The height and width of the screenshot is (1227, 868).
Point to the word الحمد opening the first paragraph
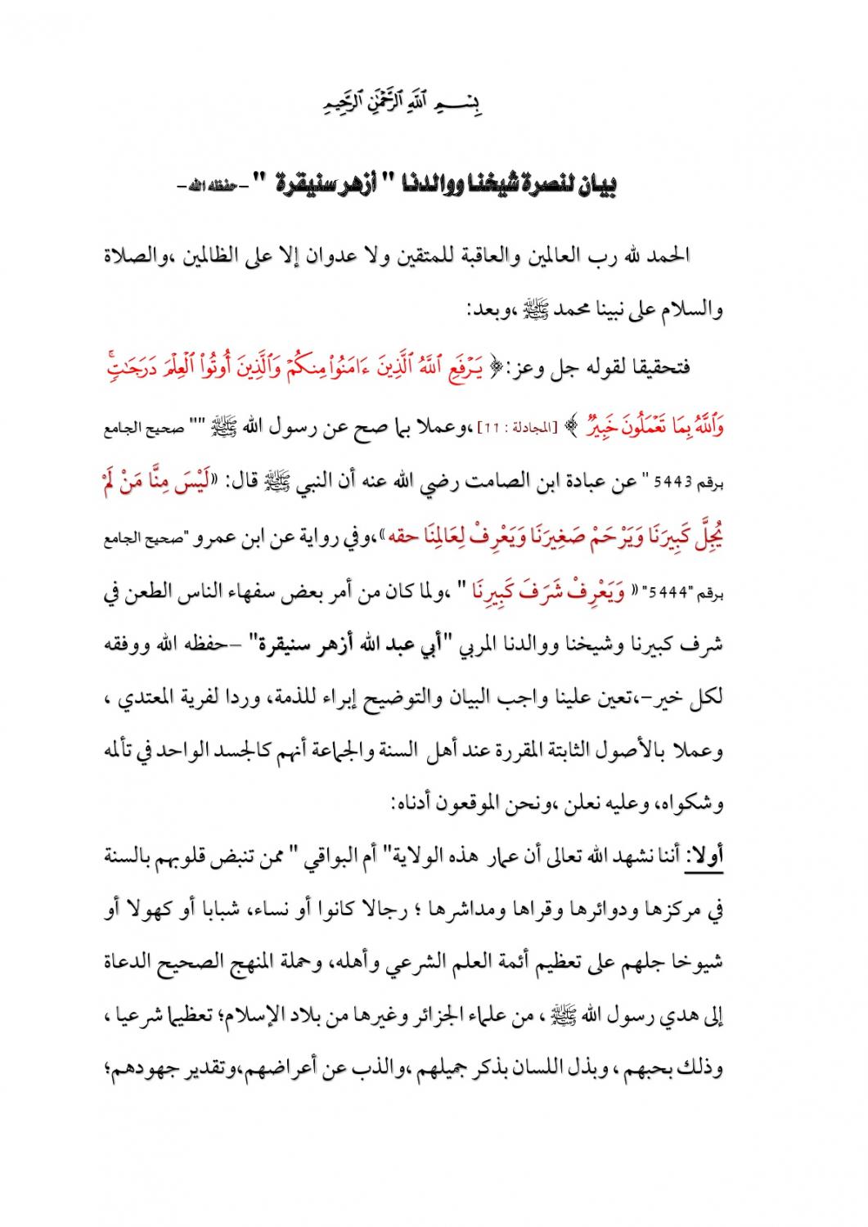(669, 255)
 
